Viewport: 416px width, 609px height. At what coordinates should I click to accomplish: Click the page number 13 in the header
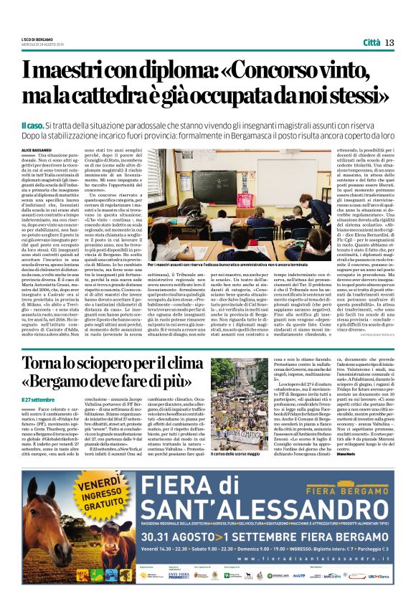click(390, 42)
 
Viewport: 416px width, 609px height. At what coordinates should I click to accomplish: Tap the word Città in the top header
click(371, 42)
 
